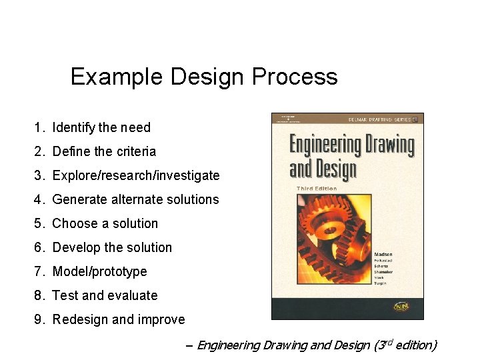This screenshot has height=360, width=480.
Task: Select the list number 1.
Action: click(x=39, y=127)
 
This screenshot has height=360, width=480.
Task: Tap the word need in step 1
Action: click(x=135, y=127)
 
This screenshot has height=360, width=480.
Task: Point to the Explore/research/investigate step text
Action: click(x=135, y=175)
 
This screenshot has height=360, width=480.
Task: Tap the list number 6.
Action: click(x=39, y=247)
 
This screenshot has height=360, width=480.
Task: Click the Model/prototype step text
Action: click(x=99, y=271)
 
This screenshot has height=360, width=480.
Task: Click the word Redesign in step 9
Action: click(x=80, y=319)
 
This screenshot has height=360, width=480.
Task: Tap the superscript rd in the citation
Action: click(x=389, y=342)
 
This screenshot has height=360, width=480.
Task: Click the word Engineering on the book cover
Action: click(x=351, y=145)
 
